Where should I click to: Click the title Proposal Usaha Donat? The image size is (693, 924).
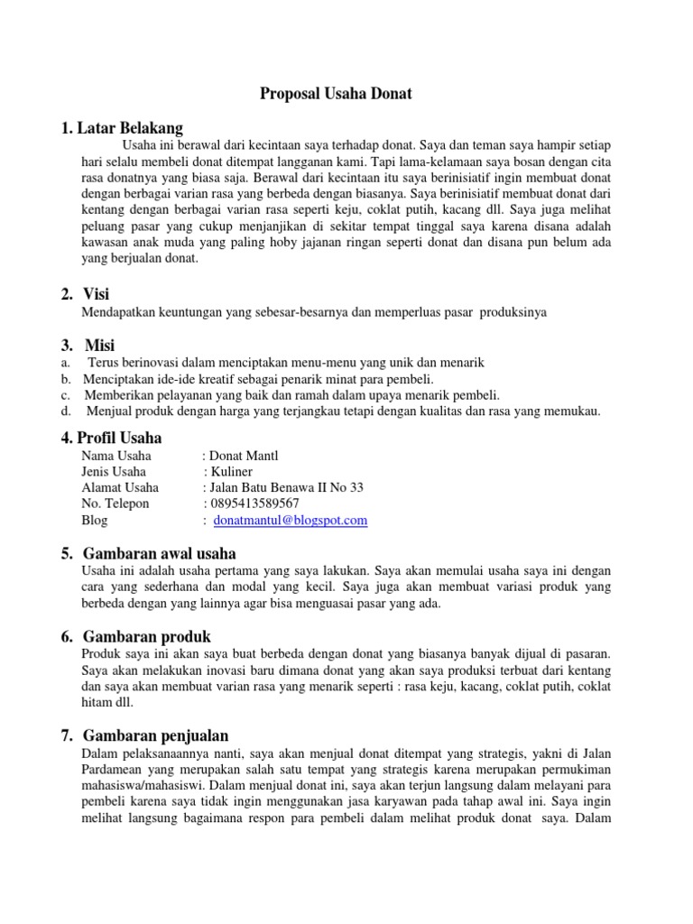coord(337,93)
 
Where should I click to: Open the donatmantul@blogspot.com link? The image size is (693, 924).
coord(291,521)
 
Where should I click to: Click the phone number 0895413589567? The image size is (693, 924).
coord(254,504)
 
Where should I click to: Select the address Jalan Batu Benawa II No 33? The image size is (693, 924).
coord(286,487)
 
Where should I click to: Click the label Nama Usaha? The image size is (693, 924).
coord(116,456)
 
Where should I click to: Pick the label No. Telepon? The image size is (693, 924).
coord(115,504)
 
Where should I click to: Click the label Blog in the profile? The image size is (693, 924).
coord(95,521)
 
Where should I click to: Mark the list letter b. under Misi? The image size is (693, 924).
coord(67,379)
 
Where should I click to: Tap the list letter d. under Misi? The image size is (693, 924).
coord(67,411)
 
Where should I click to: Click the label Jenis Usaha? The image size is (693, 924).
coord(114,471)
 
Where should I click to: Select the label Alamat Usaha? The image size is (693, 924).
coord(120,487)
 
